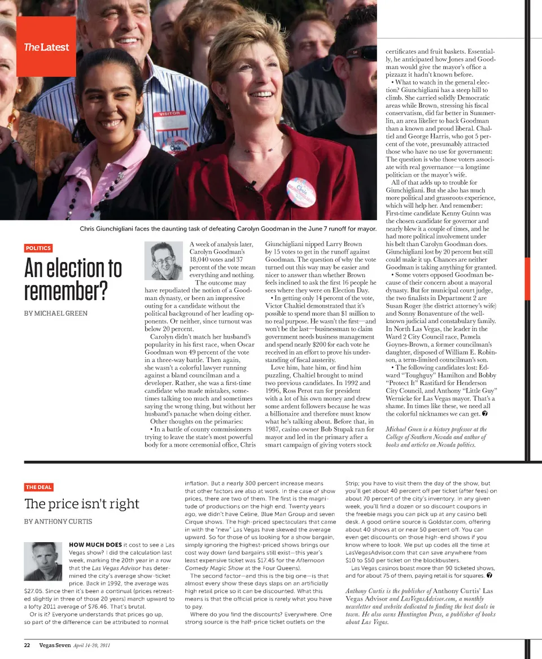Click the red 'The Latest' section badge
(x=46, y=47)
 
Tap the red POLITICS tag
(x=38, y=248)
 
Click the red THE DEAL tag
(x=38, y=487)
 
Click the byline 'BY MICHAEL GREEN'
(x=56, y=313)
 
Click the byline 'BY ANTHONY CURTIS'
(x=58, y=521)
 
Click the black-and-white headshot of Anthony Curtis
(x=43, y=561)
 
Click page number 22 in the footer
(x=27, y=645)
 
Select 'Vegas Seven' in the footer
(x=55, y=645)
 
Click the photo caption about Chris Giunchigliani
(x=228, y=229)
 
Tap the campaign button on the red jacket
(x=301, y=192)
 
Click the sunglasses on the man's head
(x=360, y=52)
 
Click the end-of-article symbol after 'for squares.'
(x=489, y=576)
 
